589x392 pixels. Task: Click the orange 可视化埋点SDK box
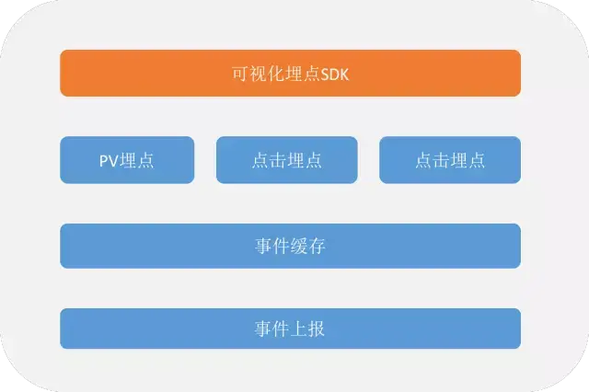290,73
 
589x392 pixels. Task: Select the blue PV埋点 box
127,160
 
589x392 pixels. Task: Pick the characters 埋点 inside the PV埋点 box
137,160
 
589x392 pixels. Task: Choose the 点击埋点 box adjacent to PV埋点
286,160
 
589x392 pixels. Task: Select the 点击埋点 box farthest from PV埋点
449,160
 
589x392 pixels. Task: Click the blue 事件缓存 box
290,246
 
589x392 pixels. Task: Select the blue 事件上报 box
290,329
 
